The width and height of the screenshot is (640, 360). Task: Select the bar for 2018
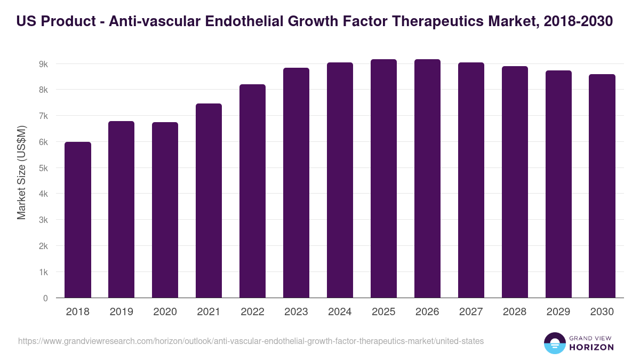click(x=78, y=220)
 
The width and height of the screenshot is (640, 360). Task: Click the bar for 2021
click(x=209, y=201)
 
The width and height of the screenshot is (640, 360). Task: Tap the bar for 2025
click(x=383, y=179)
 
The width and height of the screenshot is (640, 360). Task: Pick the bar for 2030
click(x=602, y=186)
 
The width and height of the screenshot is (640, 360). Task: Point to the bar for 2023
click(x=296, y=183)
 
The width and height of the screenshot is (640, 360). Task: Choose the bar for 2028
click(x=515, y=182)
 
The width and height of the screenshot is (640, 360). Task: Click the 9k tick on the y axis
click(x=43, y=64)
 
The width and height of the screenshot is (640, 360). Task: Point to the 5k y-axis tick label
click(x=43, y=168)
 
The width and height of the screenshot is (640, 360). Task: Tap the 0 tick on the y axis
click(x=45, y=298)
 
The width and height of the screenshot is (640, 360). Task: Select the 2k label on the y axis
click(x=43, y=246)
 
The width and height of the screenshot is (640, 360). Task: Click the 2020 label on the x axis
click(x=165, y=312)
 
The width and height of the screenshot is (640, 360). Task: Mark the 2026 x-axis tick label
click(x=427, y=312)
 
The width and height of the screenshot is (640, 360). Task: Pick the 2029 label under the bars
click(x=558, y=312)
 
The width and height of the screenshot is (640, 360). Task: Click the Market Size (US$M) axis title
click(x=21, y=172)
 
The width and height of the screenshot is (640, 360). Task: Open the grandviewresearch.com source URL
click(x=251, y=341)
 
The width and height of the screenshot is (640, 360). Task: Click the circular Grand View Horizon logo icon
click(x=555, y=343)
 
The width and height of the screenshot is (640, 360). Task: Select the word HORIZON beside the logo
click(x=591, y=347)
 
